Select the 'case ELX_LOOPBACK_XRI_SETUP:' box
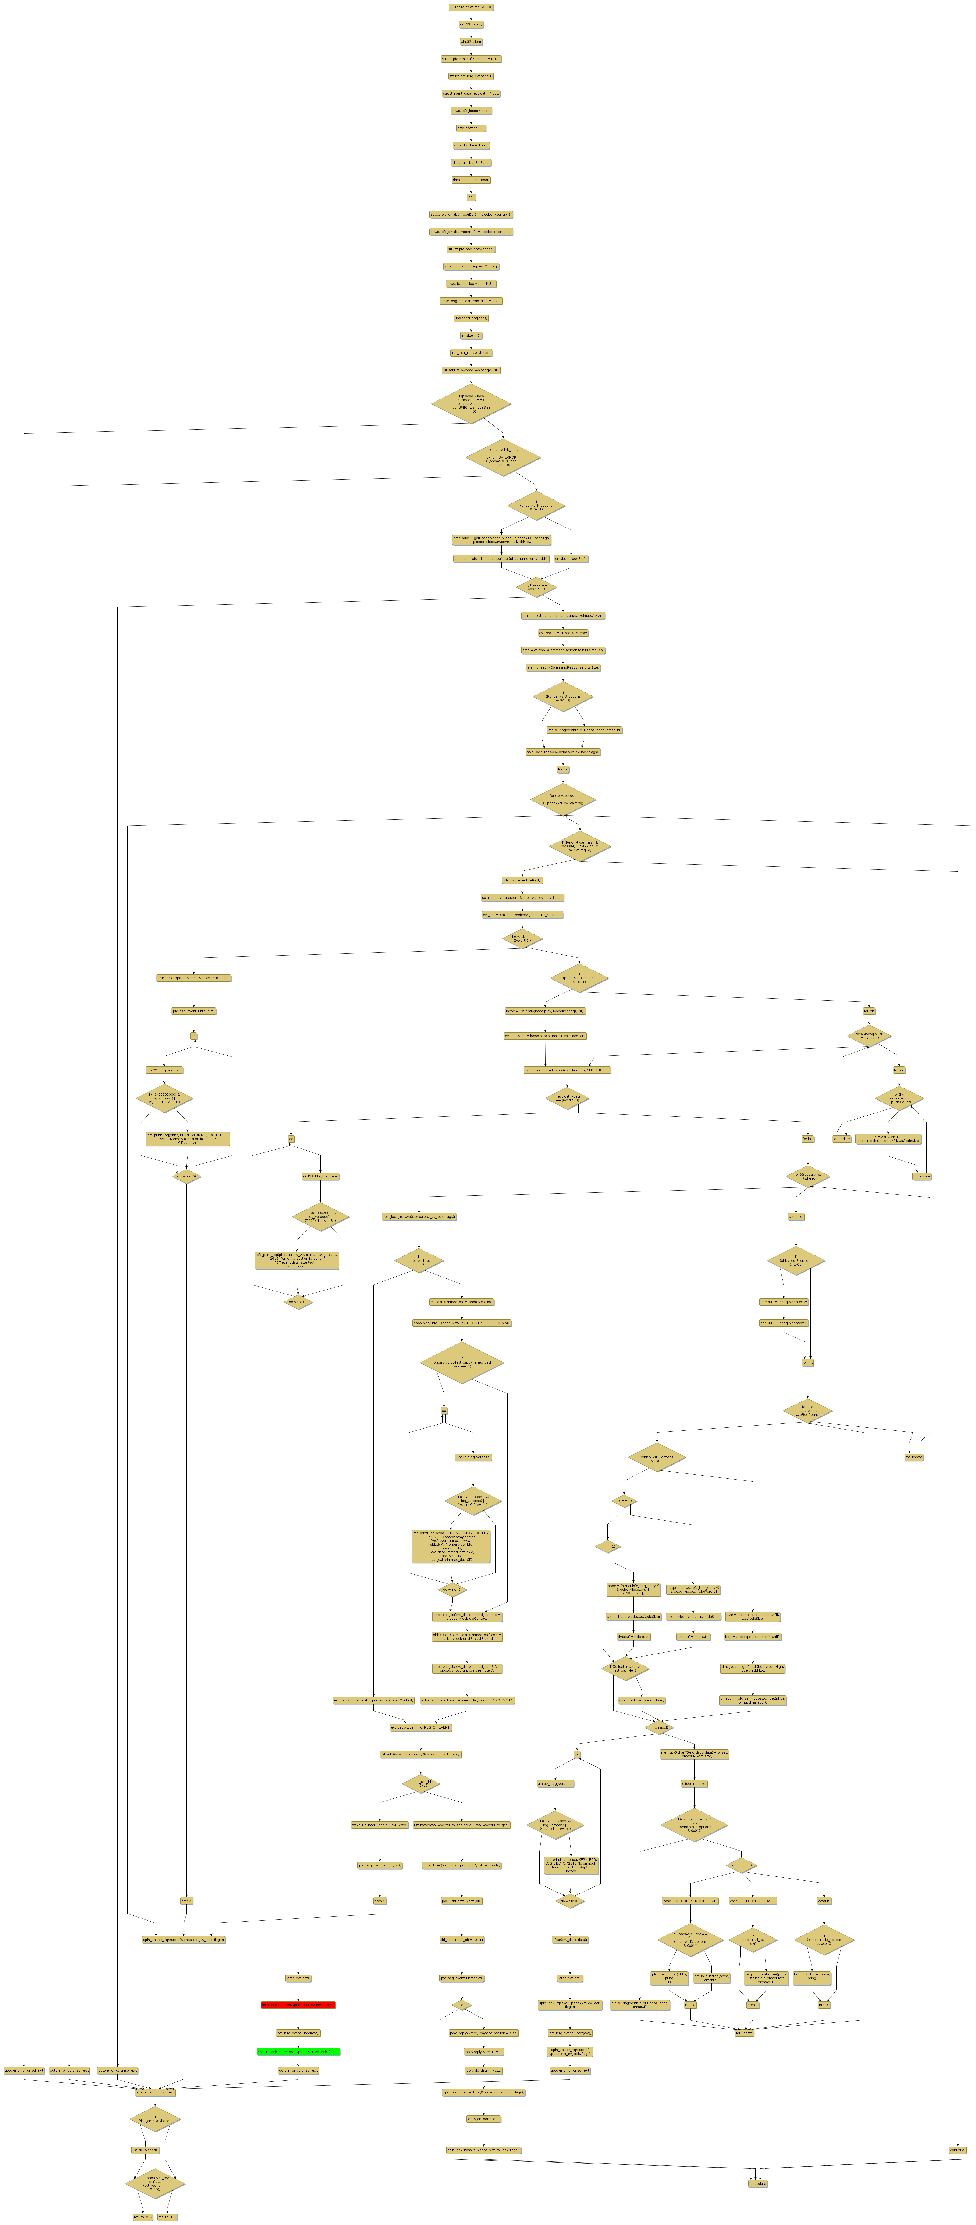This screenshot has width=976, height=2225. pyautogui.click(x=690, y=1901)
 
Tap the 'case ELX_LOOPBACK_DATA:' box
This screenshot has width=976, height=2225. pyautogui.click(x=752, y=1901)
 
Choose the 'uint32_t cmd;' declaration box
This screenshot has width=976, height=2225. pyautogui.click(x=471, y=24)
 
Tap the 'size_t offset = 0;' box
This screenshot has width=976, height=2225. pyautogui.click(x=471, y=128)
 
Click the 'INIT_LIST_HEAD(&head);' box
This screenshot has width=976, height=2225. pyautogui.click(x=471, y=352)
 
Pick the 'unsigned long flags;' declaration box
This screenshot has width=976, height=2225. pyautogui.click(x=471, y=318)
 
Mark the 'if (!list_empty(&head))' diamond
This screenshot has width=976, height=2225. pyautogui.click(x=156, y=2120)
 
